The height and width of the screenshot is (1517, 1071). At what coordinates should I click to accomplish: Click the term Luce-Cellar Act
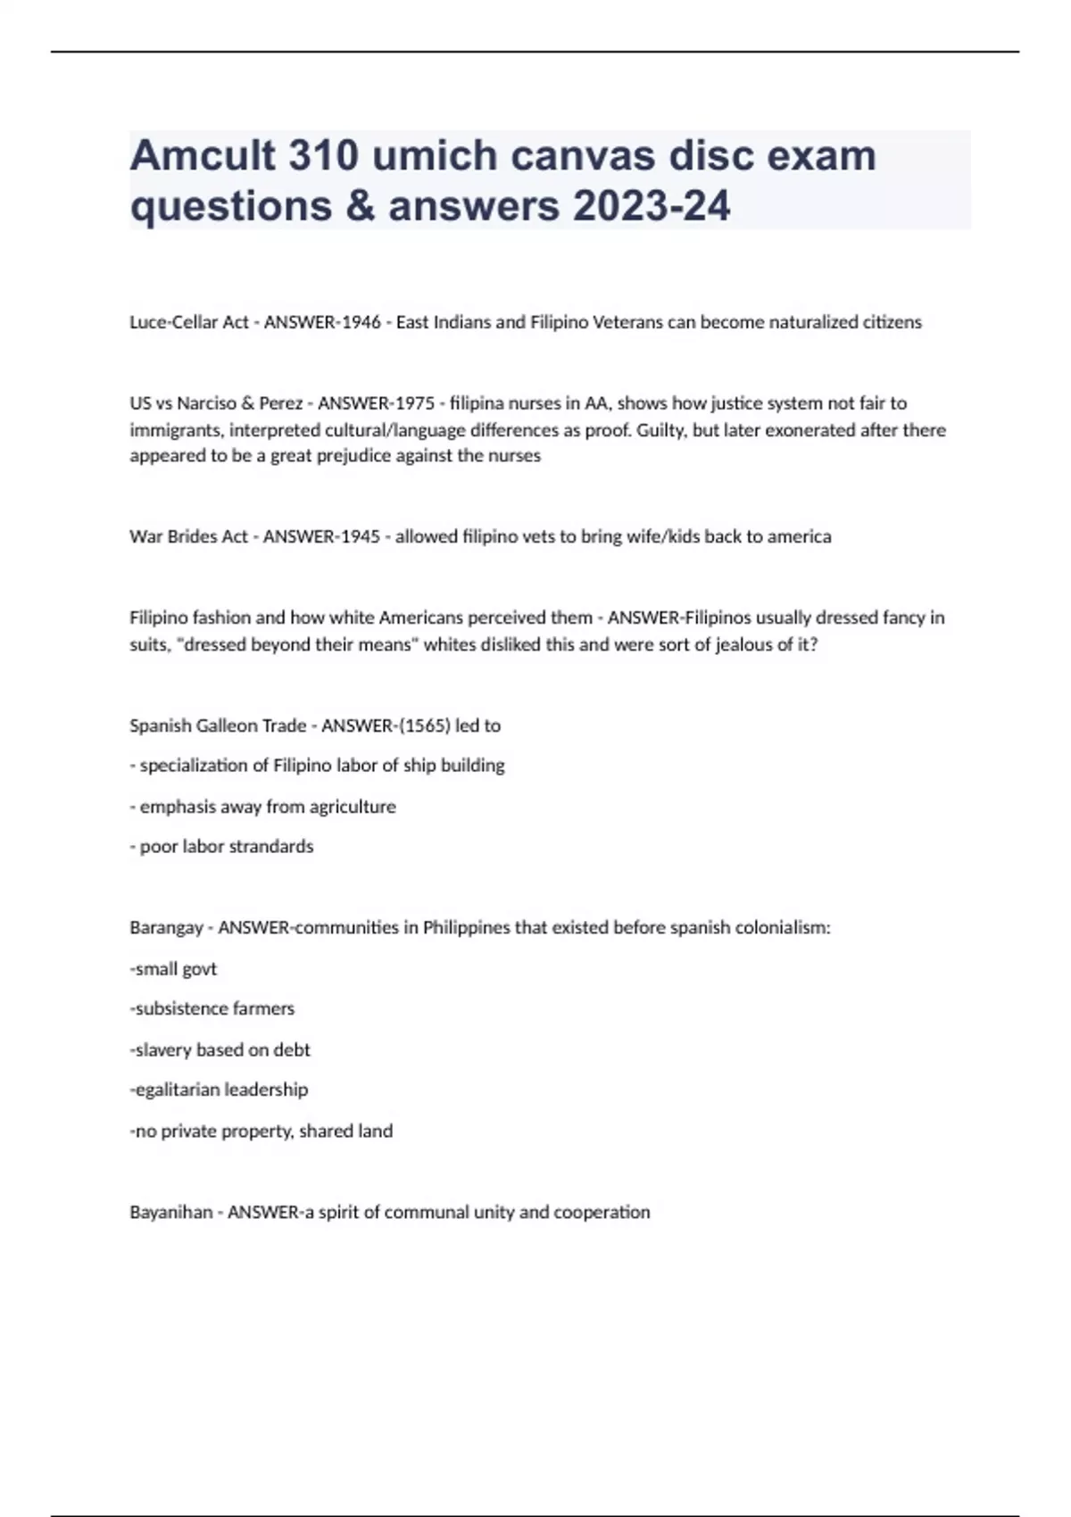click(188, 322)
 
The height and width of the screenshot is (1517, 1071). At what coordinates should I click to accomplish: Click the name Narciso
click(206, 403)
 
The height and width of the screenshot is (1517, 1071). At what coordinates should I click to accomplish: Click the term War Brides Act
click(188, 537)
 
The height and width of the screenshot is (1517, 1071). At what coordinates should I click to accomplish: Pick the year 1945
click(360, 537)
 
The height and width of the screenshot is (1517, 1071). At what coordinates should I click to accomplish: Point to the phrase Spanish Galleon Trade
click(218, 726)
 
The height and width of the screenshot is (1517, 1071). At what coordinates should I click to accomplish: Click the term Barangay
click(166, 928)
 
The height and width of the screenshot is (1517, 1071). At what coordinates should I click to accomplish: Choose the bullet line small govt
click(174, 969)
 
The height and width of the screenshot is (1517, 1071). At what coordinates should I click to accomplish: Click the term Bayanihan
click(170, 1213)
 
